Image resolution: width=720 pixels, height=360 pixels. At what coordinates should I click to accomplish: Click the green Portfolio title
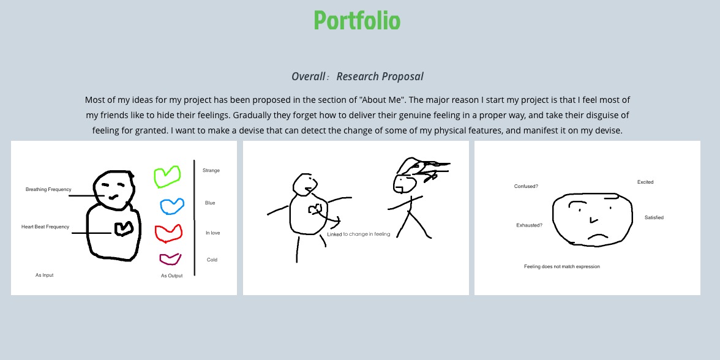pos(358,21)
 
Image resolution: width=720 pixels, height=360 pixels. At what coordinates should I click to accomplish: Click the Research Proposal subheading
pos(358,76)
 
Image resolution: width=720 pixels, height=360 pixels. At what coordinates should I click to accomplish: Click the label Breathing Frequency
pos(48,189)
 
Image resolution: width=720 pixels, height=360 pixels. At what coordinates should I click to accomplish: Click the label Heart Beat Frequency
pos(45,227)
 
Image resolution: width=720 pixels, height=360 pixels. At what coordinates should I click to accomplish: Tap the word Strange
pos(211,170)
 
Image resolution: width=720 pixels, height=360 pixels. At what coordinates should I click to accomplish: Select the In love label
pos(212,233)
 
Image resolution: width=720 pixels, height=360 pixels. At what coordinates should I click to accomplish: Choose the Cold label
pos(212,260)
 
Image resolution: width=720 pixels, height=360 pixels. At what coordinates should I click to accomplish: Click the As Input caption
pos(45,275)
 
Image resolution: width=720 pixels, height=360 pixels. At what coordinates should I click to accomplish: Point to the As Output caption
pos(171,276)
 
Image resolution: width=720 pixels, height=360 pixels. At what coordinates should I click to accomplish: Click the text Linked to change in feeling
pos(359,234)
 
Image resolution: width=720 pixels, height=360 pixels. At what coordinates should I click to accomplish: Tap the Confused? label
pos(527,186)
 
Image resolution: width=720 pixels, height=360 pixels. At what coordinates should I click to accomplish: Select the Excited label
pos(645,182)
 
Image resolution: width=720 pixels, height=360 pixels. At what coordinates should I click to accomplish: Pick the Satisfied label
pos(654,218)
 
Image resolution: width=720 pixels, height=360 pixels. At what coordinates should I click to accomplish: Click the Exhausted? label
pos(530,225)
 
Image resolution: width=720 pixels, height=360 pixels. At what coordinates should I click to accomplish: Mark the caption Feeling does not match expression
pos(562,266)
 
